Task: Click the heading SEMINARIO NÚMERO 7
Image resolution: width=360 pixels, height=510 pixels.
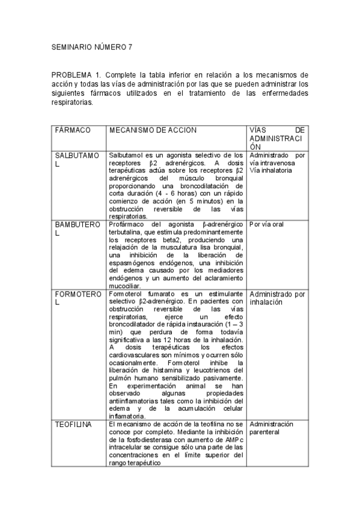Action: tap(91, 46)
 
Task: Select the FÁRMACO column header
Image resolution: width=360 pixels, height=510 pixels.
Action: tap(73, 130)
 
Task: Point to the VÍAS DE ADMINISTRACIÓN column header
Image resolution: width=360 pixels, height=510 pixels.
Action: tap(277, 138)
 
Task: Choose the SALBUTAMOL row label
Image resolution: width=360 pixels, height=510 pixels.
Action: tap(76, 159)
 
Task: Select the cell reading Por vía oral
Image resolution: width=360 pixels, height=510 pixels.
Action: tap(266, 224)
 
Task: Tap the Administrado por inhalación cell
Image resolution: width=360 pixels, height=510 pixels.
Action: tap(277, 298)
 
